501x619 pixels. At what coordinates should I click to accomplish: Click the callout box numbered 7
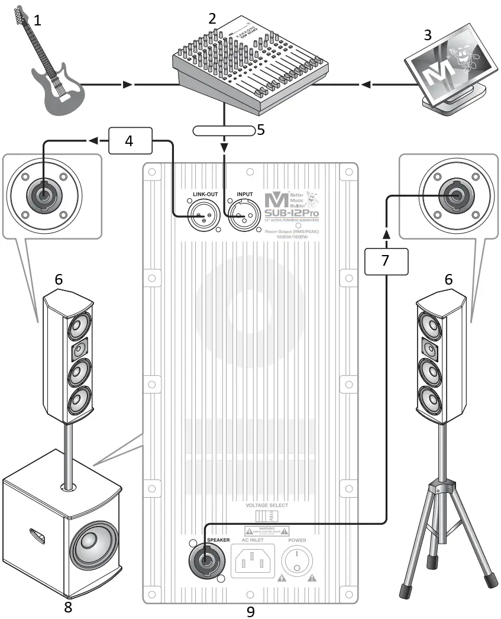[x=385, y=260]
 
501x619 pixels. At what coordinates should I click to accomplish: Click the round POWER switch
[x=297, y=560]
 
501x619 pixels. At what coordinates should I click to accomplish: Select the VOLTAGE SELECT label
[x=267, y=505]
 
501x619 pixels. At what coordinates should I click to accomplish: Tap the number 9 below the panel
[x=250, y=611]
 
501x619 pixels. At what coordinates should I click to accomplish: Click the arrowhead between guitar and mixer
[x=127, y=85]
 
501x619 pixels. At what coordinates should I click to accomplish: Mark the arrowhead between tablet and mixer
[x=367, y=85]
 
